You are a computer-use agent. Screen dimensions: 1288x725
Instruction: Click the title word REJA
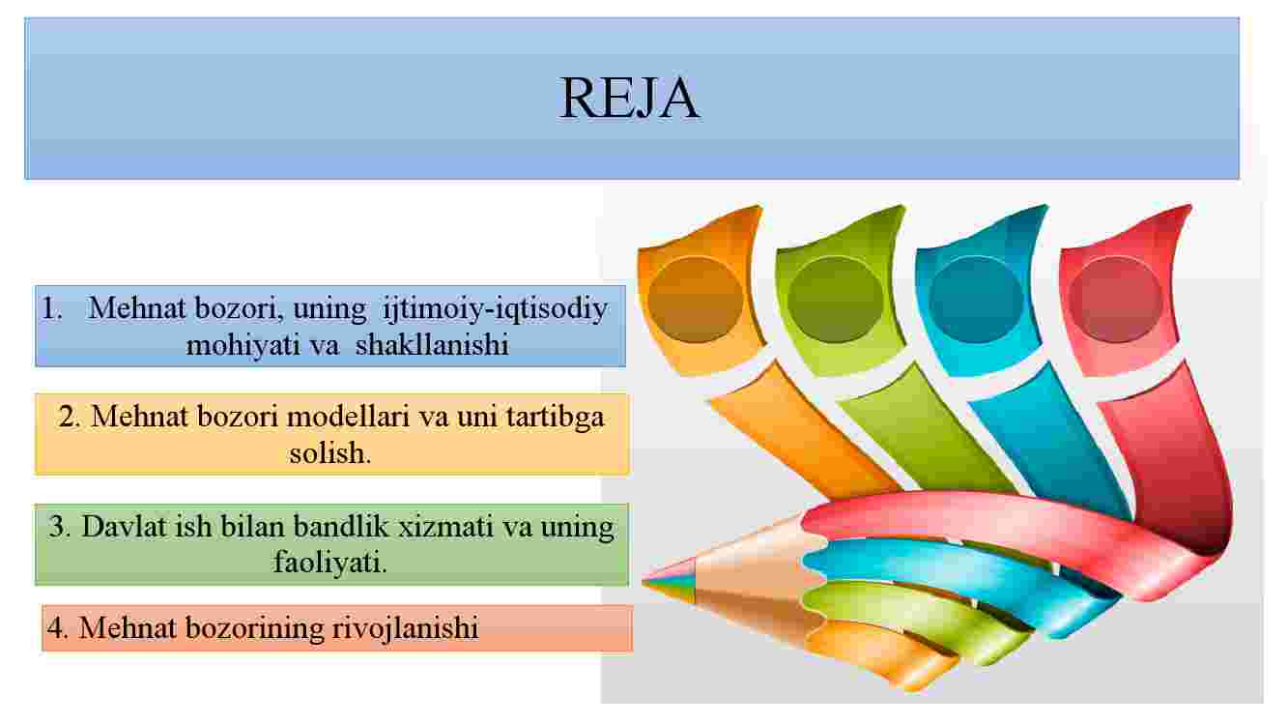(630, 98)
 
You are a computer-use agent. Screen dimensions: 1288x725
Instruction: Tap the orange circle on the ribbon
(696, 300)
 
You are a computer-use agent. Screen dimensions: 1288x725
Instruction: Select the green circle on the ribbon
(835, 300)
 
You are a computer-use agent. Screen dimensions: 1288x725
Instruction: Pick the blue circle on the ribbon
(976, 300)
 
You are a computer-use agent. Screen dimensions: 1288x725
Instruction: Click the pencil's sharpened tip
(646, 582)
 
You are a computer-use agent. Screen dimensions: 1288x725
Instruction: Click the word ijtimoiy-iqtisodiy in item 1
(495, 309)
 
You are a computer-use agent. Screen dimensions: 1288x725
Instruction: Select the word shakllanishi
(432, 345)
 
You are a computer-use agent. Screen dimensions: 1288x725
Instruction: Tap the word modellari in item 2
(348, 416)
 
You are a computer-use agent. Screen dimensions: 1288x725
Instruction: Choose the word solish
(330, 452)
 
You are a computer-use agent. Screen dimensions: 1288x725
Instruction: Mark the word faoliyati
(330, 562)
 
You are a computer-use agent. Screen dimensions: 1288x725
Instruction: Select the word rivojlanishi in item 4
(406, 627)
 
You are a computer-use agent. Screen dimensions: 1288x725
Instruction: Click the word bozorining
(254, 627)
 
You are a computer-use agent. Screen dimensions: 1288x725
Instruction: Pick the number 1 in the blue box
(50, 308)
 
